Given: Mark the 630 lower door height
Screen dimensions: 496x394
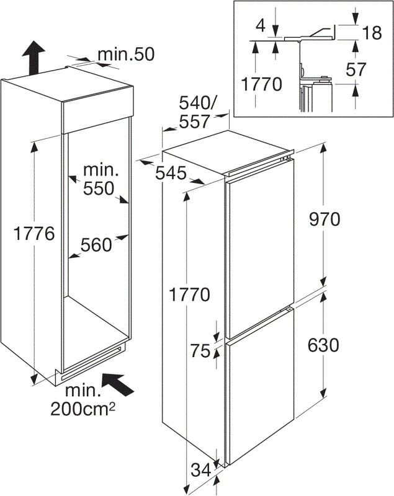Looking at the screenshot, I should [322, 344].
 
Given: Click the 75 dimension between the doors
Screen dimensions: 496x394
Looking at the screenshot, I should [200, 350].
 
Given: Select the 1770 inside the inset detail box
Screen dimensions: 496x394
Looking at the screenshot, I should [261, 84].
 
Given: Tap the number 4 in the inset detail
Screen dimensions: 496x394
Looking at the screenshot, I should [261, 26].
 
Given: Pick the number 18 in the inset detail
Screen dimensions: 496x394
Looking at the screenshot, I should [372, 33].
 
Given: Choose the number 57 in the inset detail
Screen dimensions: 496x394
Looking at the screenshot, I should [372, 69].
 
